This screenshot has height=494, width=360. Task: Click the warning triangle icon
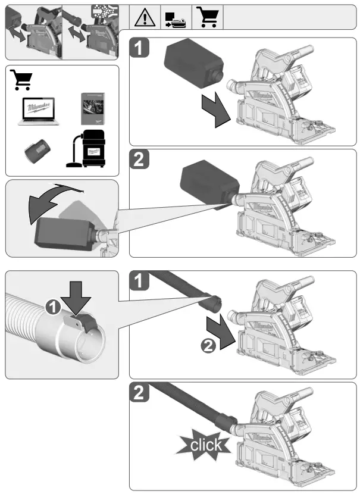coord(145,16)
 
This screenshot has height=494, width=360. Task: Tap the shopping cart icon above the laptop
coord(22,79)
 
